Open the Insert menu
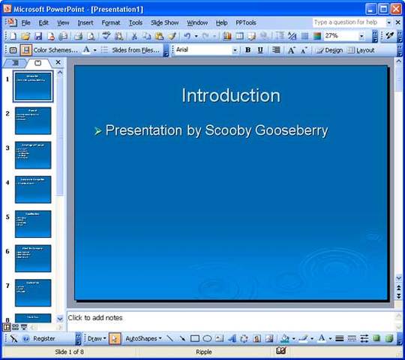pyautogui.click(x=85, y=22)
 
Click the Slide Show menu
pyautogui.click(x=164, y=22)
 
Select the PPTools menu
pyautogui.click(x=246, y=22)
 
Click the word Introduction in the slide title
pyautogui.click(x=231, y=95)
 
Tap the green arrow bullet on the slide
pyautogui.click(x=97, y=131)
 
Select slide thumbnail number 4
pyautogui.click(x=33, y=190)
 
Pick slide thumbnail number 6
pyautogui.click(x=33, y=258)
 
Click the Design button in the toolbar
pyautogui.click(x=329, y=50)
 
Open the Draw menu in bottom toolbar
pyautogui.click(x=95, y=338)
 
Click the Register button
pyautogui.click(x=43, y=338)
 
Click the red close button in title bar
pyautogui.click(x=396, y=8)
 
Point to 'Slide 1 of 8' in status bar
pyautogui.click(x=69, y=351)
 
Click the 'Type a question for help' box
pyautogui.click(x=346, y=22)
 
